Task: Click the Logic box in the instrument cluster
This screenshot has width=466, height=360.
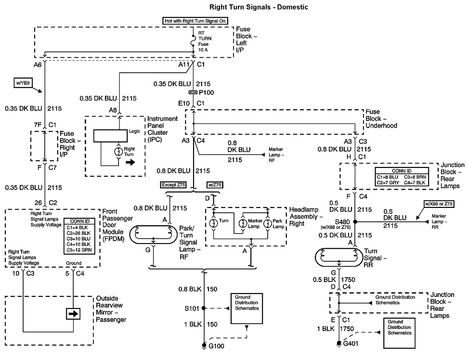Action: click(111, 136)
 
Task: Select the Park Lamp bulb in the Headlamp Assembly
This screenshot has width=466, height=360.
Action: click(266, 223)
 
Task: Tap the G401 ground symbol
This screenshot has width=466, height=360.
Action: click(340, 343)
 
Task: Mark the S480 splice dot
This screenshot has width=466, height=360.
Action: click(355, 222)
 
